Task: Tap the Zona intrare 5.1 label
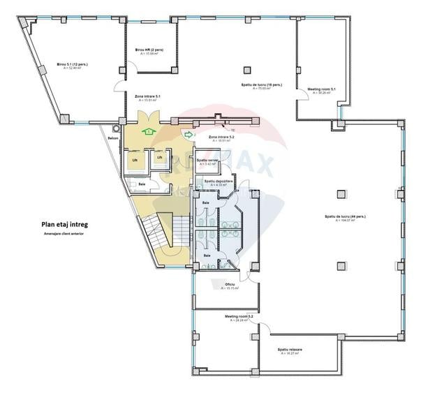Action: pos(148,96)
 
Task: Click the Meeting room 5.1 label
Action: pos(322,89)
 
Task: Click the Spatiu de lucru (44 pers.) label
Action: pos(345,217)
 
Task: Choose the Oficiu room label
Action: pos(230,284)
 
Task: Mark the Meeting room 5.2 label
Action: pos(239,316)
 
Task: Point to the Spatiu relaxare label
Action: pos(288,349)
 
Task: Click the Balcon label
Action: pos(113,138)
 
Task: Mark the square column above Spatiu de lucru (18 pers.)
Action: pos(246,69)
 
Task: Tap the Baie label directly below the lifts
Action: pos(142,184)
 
